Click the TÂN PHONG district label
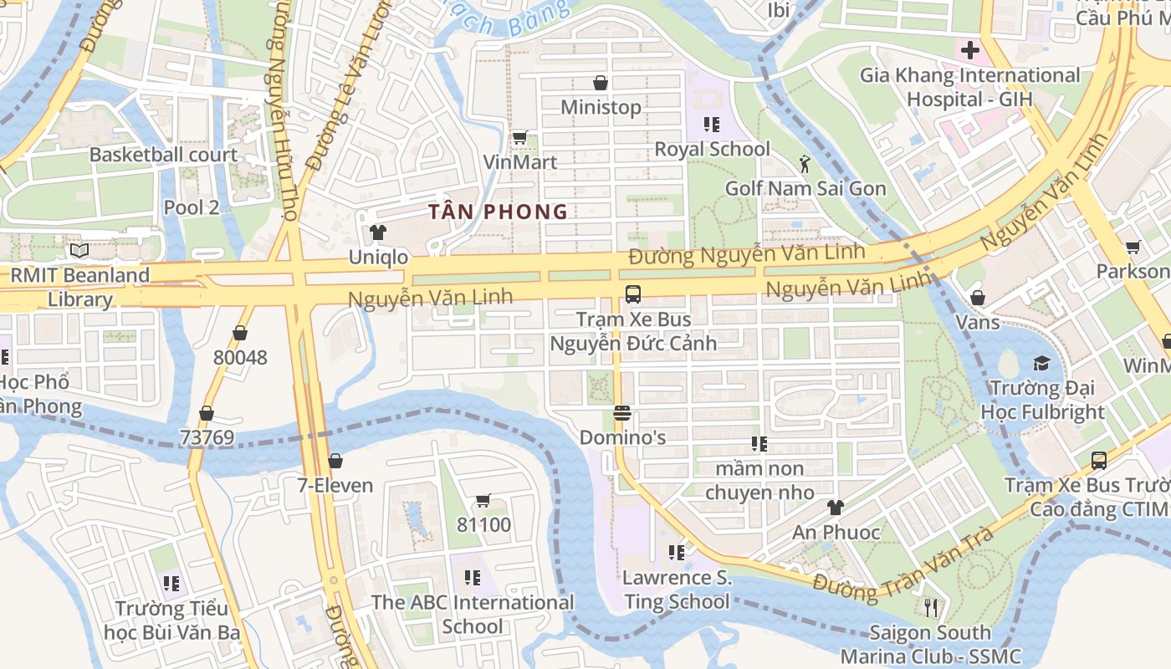pyautogui.click(x=499, y=212)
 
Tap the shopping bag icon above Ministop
pyautogui.click(x=600, y=83)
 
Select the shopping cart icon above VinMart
pyautogui.click(x=519, y=138)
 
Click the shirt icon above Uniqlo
pyautogui.click(x=378, y=232)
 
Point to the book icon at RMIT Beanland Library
pyautogui.click(x=79, y=250)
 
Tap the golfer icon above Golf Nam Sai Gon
pyautogui.click(x=805, y=163)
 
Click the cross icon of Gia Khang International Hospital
pyautogui.click(x=969, y=50)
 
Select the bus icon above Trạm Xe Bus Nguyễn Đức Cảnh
pyautogui.click(x=633, y=294)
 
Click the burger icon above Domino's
pyautogui.click(x=621, y=413)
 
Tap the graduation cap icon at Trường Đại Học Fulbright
pyautogui.click(x=1041, y=363)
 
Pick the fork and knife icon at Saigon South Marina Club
pyautogui.click(x=929, y=607)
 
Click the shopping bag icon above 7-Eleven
pyautogui.click(x=335, y=461)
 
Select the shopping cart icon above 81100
pyautogui.click(x=483, y=501)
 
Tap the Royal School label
pyautogui.click(x=712, y=149)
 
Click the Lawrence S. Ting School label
pyautogui.click(x=677, y=590)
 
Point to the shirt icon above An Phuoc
pyautogui.click(x=835, y=508)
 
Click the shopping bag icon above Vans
pyautogui.click(x=977, y=298)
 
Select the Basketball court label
pyautogui.click(x=163, y=155)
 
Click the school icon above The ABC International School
pyautogui.click(x=473, y=578)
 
